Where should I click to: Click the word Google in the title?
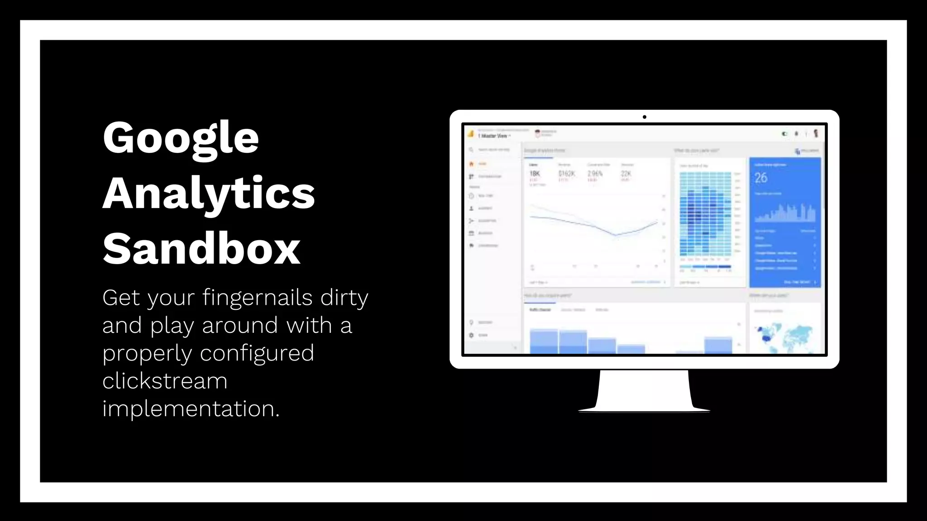(181, 138)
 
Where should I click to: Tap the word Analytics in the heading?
(209, 193)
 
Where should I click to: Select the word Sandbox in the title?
(201, 249)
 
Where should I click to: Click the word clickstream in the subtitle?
(165, 381)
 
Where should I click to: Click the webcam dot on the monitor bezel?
(644, 117)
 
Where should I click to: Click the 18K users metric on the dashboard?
(535, 174)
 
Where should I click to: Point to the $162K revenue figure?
(566, 174)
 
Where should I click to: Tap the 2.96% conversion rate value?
(595, 174)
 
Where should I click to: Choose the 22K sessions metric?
(626, 174)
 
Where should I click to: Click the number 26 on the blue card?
(761, 178)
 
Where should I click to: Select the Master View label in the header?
(494, 136)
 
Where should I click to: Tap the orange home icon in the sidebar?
(471, 164)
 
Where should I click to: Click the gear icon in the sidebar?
(471, 335)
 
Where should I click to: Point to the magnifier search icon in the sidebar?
(471, 150)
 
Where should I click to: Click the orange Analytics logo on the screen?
(471, 134)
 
